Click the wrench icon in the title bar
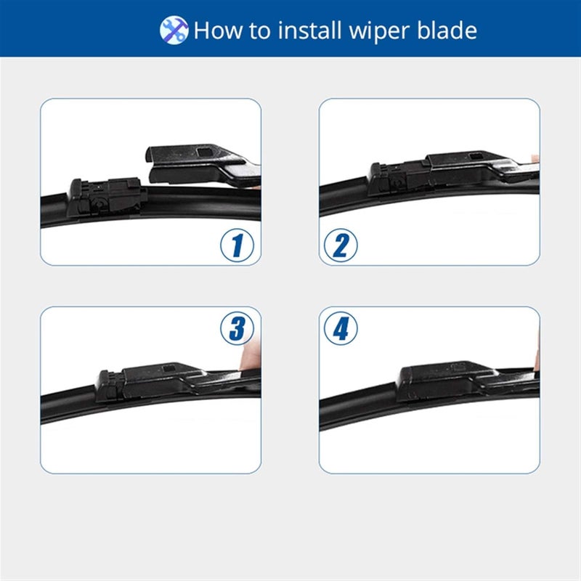point(174,30)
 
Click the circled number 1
point(237,245)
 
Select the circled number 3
point(237,328)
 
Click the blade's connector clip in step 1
point(105,195)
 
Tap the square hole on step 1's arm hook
point(206,153)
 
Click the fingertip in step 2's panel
point(535,158)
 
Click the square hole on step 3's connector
point(172,369)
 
